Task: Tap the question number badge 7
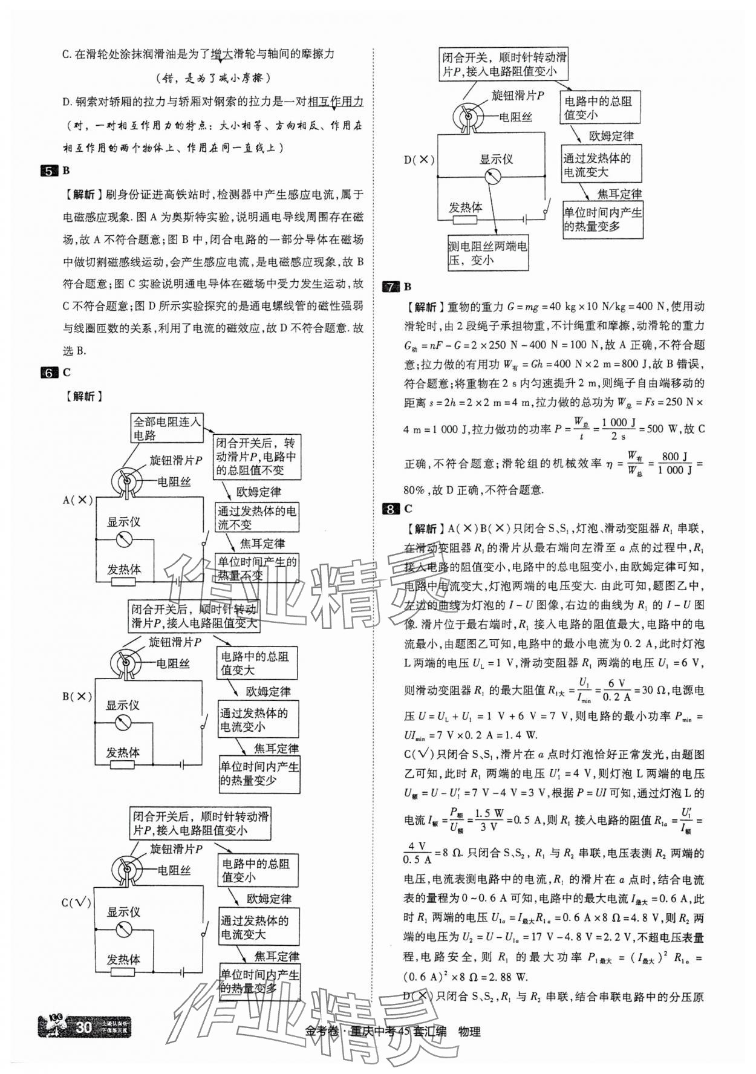point(391,287)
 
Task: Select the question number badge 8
point(391,509)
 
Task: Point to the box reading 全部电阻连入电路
point(166,428)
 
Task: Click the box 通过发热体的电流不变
point(257,518)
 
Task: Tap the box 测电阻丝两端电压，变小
point(487,253)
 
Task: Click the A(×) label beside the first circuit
point(78,500)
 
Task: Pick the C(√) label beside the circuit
point(77,903)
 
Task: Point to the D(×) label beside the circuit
point(419,160)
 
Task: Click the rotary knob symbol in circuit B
point(125,663)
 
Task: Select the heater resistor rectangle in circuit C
point(123,972)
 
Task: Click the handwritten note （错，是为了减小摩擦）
point(213,78)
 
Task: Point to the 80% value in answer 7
point(415,490)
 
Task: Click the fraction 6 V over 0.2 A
point(619,690)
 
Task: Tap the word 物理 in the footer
point(469,1032)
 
